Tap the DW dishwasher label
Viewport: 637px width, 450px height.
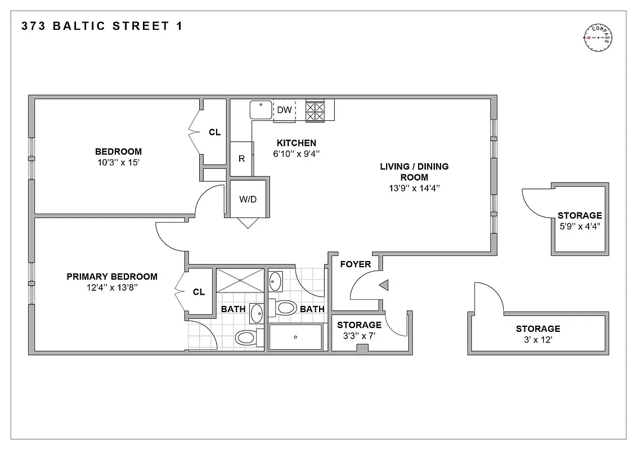(285, 110)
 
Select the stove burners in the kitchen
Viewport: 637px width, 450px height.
(315, 111)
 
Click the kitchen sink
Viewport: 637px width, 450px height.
(261, 109)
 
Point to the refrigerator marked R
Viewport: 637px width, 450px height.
(241, 159)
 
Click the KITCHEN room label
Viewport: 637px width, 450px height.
(296, 143)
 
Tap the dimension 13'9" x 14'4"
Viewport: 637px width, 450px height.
(414, 188)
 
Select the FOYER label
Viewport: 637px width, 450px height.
(355, 264)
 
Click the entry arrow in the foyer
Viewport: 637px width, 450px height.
(384, 286)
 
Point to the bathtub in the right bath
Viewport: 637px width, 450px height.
(295, 337)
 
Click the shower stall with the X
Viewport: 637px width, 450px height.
(240, 280)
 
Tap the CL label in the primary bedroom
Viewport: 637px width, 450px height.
(199, 292)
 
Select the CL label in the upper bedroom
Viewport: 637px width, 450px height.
(214, 132)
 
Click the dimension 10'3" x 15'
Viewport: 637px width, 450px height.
(118, 163)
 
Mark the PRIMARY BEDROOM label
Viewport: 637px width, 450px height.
(112, 276)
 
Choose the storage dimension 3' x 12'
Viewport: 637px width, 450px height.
(538, 340)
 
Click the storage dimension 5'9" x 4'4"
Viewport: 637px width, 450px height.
(580, 227)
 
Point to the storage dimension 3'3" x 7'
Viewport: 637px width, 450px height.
(359, 336)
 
